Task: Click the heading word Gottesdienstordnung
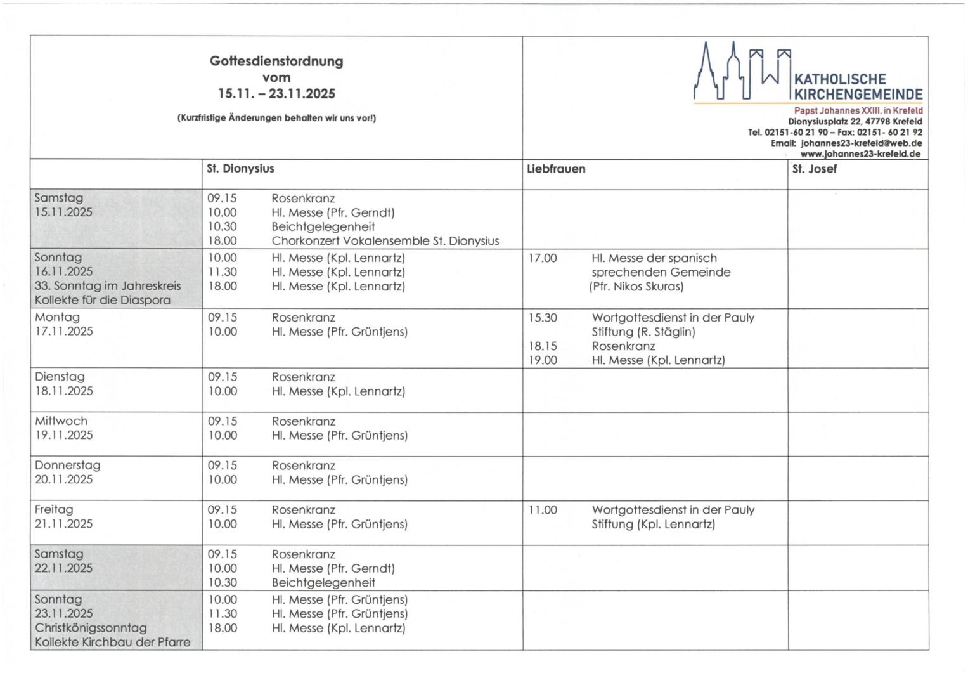276,62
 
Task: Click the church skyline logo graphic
742,70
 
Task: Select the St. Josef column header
814,169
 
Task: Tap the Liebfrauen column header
556,169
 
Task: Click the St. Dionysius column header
240,169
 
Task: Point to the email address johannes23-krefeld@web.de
862,143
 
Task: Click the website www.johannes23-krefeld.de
860,153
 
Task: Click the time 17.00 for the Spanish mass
543,258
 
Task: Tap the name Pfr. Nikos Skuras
636,287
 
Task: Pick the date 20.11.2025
63,480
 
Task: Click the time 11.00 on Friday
543,510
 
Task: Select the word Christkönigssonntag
91,628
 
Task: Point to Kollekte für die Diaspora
102,300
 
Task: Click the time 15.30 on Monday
543,318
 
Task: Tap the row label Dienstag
60,377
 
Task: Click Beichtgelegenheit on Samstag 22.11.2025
323,583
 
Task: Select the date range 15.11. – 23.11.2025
276,94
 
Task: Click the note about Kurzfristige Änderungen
276,118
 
